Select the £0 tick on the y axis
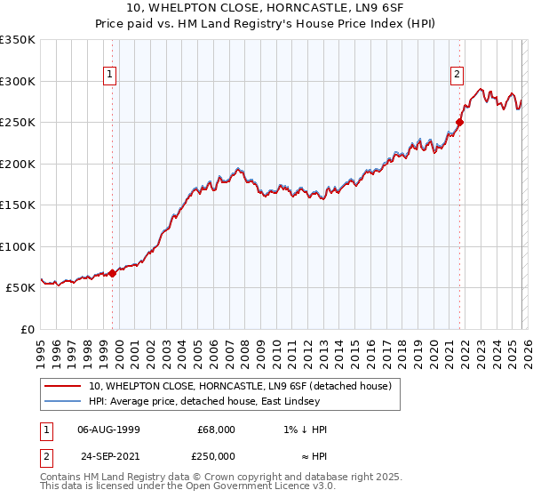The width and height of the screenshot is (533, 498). [x=27, y=329]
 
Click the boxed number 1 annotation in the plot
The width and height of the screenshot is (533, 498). [x=109, y=76]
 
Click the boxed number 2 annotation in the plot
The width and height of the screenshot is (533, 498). [x=457, y=76]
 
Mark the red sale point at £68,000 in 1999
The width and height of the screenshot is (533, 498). [x=112, y=274]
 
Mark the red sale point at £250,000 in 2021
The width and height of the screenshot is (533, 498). [x=460, y=123]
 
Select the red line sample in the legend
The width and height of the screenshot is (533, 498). [x=64, y=386]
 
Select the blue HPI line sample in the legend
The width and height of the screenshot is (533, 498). [x=64, y=402]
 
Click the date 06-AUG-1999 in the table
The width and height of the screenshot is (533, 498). [x=108, y=430]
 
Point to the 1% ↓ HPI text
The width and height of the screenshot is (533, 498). [x=301, y=430]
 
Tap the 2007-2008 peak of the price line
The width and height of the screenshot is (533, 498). [x=238, y=167]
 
